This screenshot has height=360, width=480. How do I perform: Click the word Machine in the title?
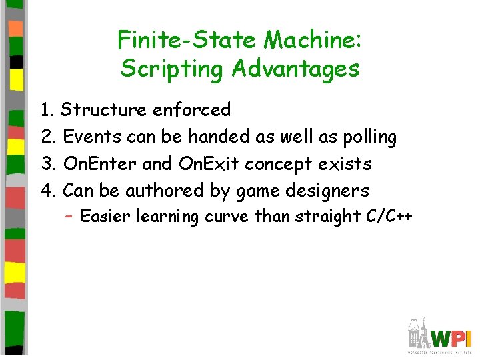tap(313, 41)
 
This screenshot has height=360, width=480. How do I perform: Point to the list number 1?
tap(47, 110)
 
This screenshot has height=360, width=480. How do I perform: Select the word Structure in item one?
tap(104, 110)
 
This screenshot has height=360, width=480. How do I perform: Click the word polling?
tap(369, 137)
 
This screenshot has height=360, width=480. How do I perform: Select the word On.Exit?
tap(208, 164)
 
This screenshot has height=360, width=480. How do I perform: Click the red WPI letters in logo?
tap(453, 337)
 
